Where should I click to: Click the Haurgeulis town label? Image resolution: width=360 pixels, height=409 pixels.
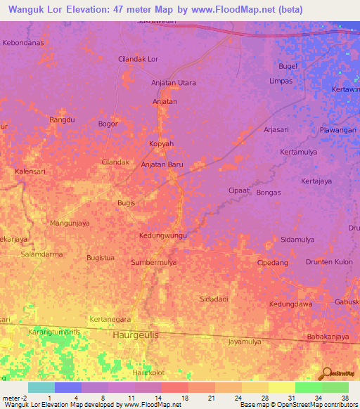(x=136, y=335)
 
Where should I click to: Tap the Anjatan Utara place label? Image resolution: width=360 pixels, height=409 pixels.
(x=174, y=83)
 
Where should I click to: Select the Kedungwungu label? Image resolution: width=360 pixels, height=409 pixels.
(x=163, y=235)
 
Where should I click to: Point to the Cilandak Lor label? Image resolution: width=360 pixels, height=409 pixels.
(x=139, y=60)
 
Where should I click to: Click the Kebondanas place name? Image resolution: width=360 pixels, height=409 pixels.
(x=23, y=43)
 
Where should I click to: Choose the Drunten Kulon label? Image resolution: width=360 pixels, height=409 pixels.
(x=329, y=262)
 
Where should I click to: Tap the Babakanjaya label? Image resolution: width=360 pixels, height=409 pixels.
(x=328, y=337)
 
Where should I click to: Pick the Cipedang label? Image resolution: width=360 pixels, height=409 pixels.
(x=273, y=263)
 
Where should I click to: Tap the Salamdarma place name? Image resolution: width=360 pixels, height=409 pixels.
(x=41, y=254)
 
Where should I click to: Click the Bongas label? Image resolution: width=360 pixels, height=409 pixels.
(x=269, y=193)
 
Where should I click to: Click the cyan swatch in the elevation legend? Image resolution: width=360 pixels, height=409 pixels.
(x=41, y=387)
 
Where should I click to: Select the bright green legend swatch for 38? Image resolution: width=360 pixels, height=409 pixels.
(x=335, y=387)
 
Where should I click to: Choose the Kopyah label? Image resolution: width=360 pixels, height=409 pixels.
(x=161, y=143)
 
